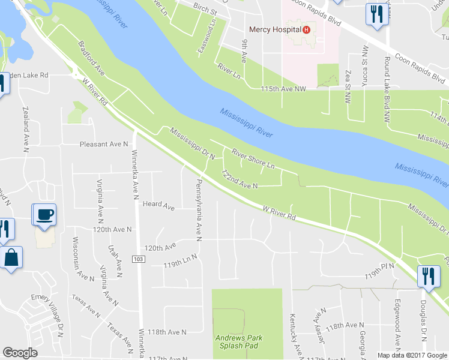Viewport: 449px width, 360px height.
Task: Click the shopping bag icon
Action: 10,259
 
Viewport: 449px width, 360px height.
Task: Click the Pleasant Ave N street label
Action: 104,145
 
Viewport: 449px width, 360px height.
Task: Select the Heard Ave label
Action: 158,206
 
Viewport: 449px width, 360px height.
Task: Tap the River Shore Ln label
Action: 253,158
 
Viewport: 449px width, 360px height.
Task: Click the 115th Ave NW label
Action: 283,89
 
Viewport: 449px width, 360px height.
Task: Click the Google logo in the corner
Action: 20,353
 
